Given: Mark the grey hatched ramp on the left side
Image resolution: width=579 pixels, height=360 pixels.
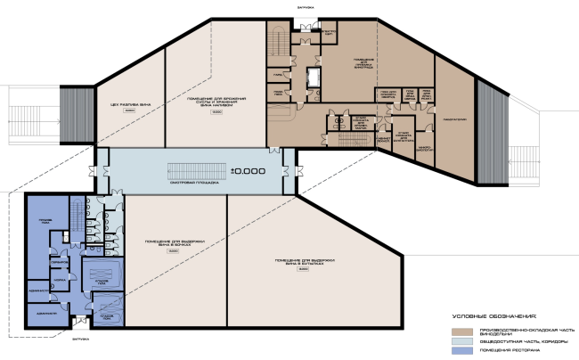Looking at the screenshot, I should (71, 112).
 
